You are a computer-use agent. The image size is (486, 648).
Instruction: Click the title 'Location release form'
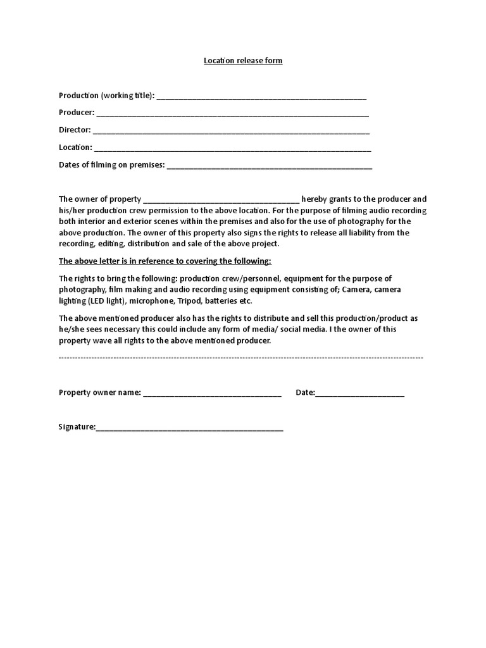(242, 61)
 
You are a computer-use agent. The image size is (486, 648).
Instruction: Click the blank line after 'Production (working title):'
(261, 97)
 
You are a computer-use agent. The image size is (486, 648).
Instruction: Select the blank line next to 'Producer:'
(232, 114)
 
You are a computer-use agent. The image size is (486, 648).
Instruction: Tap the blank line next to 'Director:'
(231, 131)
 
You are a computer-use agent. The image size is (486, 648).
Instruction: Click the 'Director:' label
(75, 130)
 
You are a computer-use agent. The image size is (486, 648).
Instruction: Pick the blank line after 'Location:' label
(232, 149)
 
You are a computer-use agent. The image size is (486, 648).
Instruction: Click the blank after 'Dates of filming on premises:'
(270, 166)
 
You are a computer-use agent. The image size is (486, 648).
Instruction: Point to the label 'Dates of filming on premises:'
(111, 165)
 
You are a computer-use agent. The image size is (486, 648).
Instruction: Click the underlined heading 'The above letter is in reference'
(165, 261)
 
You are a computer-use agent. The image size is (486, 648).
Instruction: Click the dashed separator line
(240, 358)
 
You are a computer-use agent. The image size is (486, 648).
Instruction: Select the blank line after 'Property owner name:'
(212, 394)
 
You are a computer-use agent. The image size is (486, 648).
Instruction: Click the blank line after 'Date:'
(359, 394)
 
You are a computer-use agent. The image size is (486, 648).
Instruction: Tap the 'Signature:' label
(77, 427)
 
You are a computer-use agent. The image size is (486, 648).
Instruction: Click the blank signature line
(189, 428)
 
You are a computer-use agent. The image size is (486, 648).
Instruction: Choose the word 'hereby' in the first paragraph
(315, 199)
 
